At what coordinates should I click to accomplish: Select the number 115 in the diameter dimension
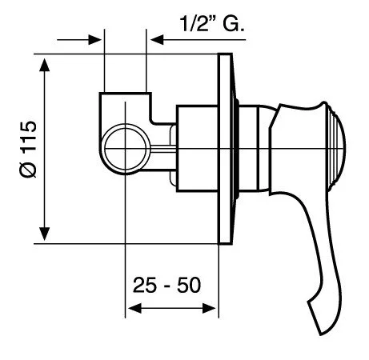26,135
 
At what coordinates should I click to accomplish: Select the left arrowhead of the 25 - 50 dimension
132,308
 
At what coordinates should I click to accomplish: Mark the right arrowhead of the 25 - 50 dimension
214,308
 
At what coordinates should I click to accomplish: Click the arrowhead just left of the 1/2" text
154,38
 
